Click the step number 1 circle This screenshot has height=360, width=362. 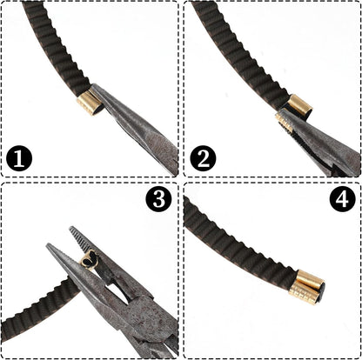pos(19,158)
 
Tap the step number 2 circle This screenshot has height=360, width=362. pos(203,158)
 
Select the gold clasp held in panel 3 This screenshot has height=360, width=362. pos(90,260)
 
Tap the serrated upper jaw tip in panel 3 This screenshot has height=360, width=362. pos(71,229)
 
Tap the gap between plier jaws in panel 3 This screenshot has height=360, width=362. pos(116,290)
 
